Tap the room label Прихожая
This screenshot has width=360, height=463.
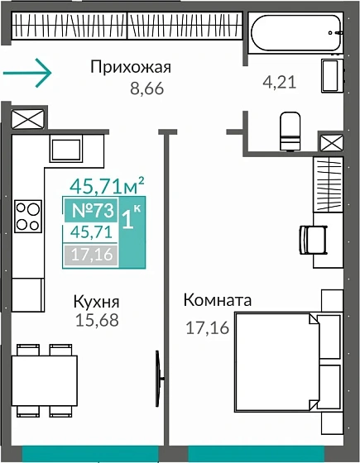131,68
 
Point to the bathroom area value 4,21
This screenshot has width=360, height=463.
279,82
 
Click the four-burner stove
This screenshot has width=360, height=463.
28,216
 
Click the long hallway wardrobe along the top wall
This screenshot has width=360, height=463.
126,27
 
